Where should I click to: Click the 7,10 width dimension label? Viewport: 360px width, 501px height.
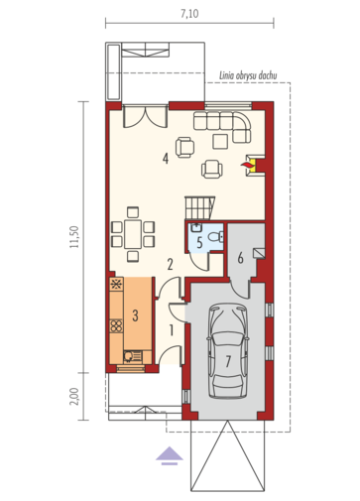pos(189,14)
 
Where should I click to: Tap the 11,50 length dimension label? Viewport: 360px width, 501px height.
pos(74,237)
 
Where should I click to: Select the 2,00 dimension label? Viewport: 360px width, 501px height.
pos(74,396)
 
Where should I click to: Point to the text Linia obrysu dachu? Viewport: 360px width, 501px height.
pos(248,75)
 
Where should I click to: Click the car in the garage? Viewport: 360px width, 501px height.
pos(228,351)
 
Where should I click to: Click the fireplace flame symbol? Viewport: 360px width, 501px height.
pos(246,165)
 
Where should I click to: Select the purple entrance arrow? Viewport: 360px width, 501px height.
pos(170,455)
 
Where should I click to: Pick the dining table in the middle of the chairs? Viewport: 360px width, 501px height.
pos(133,234)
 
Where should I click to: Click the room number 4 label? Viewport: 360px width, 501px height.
pos(166,159)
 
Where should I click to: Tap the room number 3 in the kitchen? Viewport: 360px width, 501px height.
pos(135,315)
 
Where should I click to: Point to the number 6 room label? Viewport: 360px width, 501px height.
pos(241,258)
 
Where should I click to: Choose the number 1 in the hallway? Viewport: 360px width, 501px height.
pos(172,330)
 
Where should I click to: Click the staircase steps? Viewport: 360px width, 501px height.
pos(199,207)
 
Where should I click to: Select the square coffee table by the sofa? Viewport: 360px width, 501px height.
pos(220,141)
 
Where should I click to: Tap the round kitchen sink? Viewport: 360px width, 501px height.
pos(127,356)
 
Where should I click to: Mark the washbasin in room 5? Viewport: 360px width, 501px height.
pos(196,227)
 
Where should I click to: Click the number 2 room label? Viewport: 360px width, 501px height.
pos(170,265)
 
